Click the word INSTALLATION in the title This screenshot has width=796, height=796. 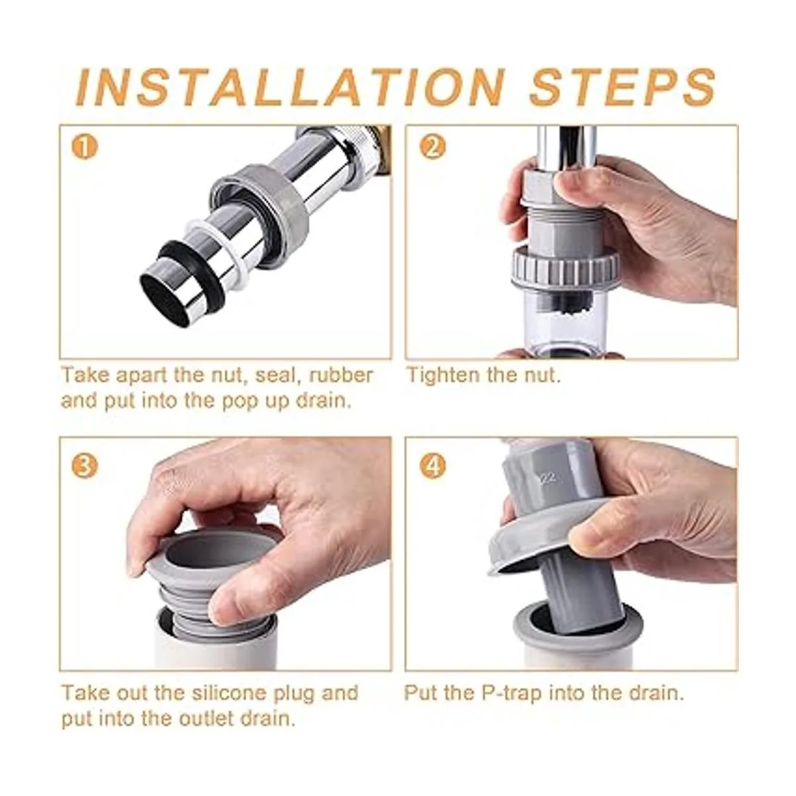click(x=290, y=87)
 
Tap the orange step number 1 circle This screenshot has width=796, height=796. click(x=84, y=147)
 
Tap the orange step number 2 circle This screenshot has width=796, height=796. click(x=432, y=147)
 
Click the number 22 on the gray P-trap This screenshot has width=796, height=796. click(x=549, y=478)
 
